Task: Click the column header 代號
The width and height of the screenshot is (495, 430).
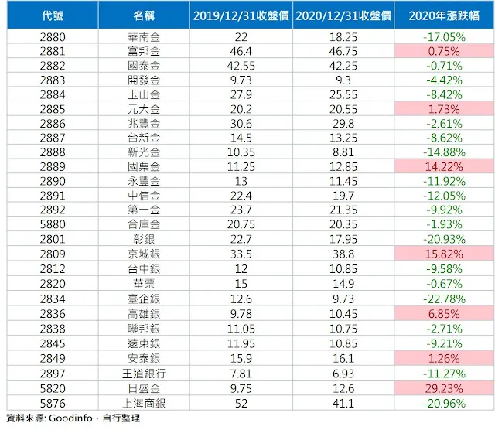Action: (x=52, y=15)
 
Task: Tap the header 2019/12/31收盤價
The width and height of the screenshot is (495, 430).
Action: (x=241, y=15)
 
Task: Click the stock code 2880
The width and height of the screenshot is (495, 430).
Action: (x=52, y=36)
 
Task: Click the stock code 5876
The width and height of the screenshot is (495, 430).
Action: (x=52, y=403)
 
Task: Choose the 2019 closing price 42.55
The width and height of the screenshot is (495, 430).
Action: (x=241, y=66)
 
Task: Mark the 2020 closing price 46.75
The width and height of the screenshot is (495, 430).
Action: (x=343, y=51)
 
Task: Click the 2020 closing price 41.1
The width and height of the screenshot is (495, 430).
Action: (x=343, y=403)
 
